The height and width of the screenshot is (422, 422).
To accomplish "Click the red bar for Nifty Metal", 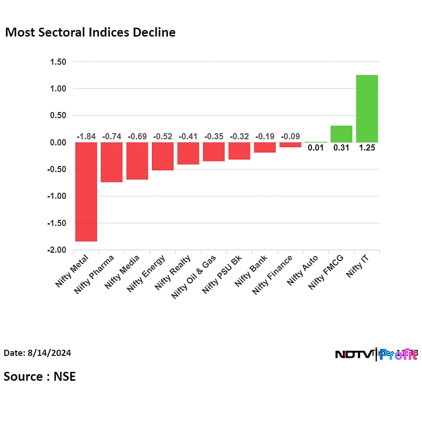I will (86, 191).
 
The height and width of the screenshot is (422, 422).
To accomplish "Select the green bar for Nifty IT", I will (367, 109).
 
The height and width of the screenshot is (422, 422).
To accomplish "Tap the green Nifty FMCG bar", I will (341, 134).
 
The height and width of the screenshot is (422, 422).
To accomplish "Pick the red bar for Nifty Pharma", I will (112, 162).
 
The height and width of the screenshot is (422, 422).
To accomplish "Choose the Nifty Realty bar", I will (188, 153).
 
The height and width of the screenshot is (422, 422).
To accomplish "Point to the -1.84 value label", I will (86, 136).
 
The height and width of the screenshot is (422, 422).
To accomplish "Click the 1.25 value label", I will (367, 148).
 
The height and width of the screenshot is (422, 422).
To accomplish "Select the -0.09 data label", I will (290, 136).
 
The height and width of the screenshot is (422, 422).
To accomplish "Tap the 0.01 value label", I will (316, 148).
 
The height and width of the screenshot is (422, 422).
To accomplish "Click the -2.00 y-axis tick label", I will (57, 250).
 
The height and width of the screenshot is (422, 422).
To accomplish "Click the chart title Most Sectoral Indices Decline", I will (90, 32).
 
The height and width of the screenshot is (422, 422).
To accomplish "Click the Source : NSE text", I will (40, 376).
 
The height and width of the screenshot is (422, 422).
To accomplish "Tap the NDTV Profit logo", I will (376, 354).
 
